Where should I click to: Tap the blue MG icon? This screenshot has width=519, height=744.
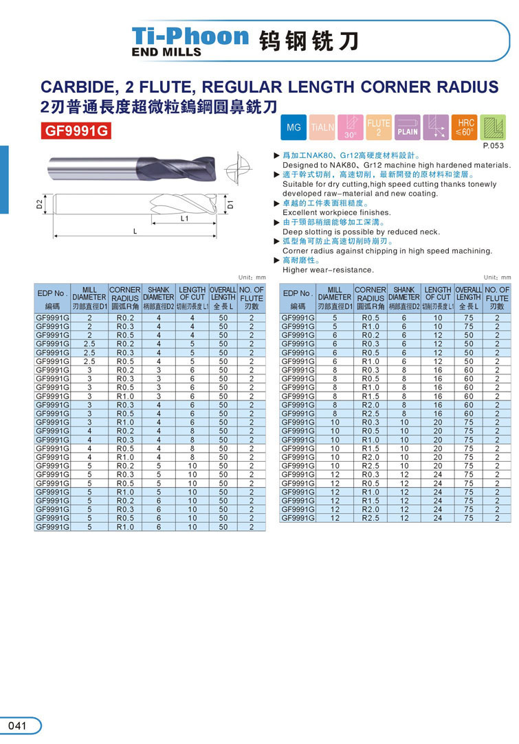tap(294, 128)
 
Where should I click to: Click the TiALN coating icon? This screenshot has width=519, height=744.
tap(322, 128)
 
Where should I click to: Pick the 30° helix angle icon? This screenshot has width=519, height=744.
tap(351, 128)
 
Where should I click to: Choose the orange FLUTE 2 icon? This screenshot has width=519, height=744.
tap(379, 128)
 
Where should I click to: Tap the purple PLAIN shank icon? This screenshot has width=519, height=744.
tap(408, 128)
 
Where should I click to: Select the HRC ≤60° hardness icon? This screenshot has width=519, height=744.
tap(465, 128)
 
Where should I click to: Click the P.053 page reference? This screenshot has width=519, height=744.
tap(493, 146)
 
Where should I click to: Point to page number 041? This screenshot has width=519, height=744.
tap(18, 725)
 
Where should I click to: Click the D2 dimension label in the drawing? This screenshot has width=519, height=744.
tap(40, 203)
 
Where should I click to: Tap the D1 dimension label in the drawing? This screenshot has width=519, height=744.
tap(231, 204)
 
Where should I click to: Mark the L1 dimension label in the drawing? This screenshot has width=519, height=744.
tap(184, 218)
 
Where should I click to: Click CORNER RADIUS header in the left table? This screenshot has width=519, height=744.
tap(125, 294)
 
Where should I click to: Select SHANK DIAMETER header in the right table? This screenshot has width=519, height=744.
tap(404, 294)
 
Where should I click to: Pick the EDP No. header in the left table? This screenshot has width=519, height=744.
tap(52, 294)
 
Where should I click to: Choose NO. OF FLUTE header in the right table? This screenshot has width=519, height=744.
tap(496, 294)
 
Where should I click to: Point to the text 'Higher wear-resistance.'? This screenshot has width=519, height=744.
tap(328, 270)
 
